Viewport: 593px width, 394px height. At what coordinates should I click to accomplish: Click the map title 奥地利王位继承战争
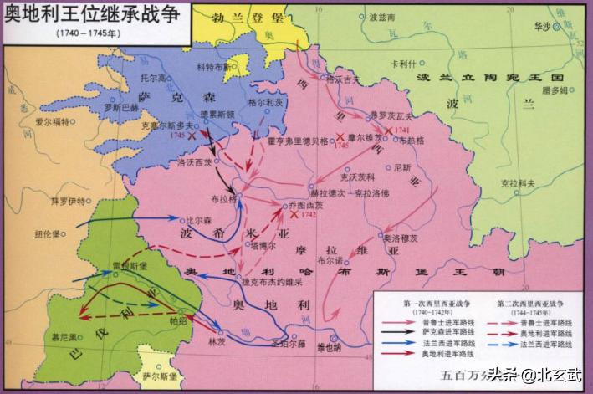point(95,17)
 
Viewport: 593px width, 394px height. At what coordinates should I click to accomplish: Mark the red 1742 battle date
point(309,215)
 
